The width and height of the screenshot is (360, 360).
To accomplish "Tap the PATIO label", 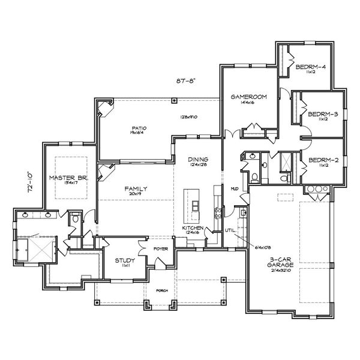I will click(140, 128).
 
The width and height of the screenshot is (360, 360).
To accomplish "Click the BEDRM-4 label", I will click(311, 67).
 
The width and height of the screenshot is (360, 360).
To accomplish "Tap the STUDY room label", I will click(125, 262).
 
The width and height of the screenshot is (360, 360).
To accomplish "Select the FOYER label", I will click(160, 247).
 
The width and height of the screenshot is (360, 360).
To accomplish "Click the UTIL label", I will click(229, 229).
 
